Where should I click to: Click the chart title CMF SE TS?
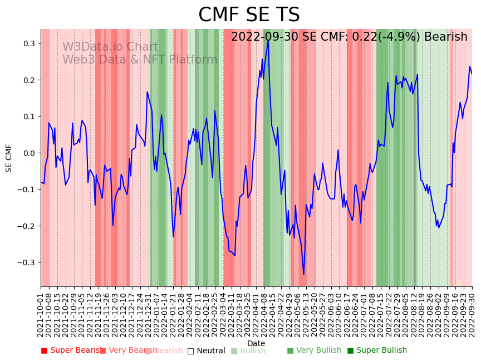(x=249, y=15)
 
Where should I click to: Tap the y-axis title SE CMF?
(x=9, y=158)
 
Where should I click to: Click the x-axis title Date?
(x=256, y=343)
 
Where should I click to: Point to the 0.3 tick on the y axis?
(x=28, y=43)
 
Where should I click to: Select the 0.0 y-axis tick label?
(x=28, y=153)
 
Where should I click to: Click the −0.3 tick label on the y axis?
(x=26, y=262)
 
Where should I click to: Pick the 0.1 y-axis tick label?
(x=28, y=116)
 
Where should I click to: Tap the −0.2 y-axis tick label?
(x=26, y=226)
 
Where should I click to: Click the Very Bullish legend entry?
(x=314, y=351)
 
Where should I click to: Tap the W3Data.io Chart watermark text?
(x=110, y=47)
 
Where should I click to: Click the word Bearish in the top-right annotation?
(x=445, y=37)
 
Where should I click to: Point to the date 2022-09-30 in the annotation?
(x=265, y=37)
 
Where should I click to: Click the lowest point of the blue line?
(x=304, y=274)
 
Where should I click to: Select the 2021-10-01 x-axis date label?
(x=41, y=315)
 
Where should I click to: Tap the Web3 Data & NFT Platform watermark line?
(x=140, y=60)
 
